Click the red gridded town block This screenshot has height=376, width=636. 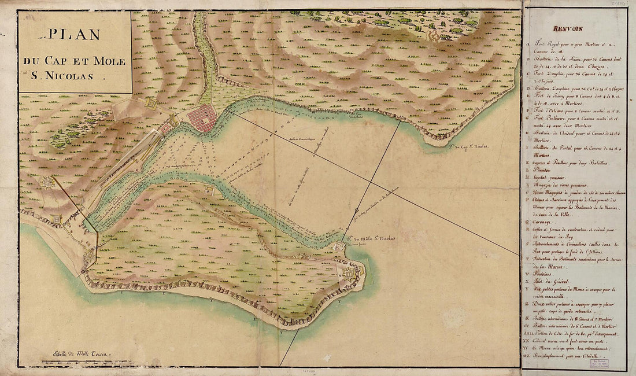(x=202, y=118)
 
